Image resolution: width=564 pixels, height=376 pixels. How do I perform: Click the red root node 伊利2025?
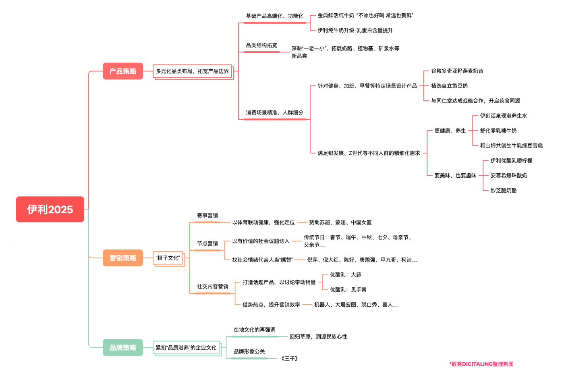[x=50, y=209]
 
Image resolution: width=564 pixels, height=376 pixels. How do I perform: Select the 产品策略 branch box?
[x=123, y=71]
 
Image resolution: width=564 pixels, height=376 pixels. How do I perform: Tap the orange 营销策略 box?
[x=123, y=258]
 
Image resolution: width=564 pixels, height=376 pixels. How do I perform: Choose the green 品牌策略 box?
[x=123, y=347]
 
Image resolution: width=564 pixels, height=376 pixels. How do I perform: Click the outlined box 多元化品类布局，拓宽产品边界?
[x=193, y=71]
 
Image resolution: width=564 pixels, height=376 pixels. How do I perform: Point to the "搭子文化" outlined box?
[x=168, y=258]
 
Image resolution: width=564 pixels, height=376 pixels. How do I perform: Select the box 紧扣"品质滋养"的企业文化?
[x=186, y=347]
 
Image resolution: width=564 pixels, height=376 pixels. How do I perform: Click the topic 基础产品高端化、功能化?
[x=274, y=16]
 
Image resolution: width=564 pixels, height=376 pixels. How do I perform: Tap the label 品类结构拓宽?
[x=261, y=46]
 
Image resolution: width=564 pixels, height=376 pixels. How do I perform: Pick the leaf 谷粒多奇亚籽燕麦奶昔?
[x=457, y=71]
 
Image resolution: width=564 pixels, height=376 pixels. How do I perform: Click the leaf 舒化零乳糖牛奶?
[x=498, y=131]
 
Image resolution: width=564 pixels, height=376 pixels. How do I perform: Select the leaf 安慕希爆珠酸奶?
[x=509, y=175]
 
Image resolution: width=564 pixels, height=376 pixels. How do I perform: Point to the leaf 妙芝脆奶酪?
[x=504, y=190]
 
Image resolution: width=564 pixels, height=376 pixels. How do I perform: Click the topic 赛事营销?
[x=207, y=216]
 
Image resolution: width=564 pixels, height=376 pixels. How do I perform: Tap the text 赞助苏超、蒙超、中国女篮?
[x=340, y=222]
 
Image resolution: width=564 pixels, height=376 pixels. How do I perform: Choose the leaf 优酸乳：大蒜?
[x=346, y=275]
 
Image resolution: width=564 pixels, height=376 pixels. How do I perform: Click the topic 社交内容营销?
[x=213, y=287]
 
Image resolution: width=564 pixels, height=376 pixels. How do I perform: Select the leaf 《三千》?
[x=290, y=358]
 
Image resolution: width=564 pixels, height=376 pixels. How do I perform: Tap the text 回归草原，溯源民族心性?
[x=318, y=337]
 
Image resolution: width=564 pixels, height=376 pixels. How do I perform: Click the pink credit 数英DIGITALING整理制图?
[x=481, y=364]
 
